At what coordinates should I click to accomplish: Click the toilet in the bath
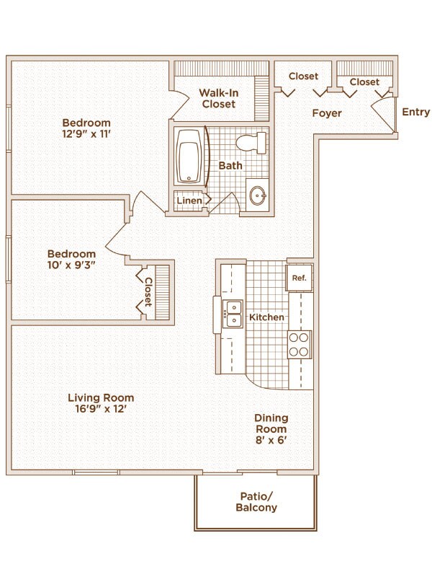(x=251, y=143)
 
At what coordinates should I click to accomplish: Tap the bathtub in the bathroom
(x=189, y=157)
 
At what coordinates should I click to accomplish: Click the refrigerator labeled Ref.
(x=299, y=278)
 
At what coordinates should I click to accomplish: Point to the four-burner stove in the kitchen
(x=300, y=345)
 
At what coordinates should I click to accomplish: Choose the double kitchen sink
(x=233, y=314)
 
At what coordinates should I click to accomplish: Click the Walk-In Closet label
(x=219, y=98)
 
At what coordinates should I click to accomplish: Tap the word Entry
(x=416, y=112)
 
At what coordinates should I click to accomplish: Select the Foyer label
(x=327, y=113)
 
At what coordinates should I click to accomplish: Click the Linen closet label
(x=189, y=201)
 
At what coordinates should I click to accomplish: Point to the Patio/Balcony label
(x=256, y=502)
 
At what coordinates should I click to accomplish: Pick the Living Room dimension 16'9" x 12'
(x=101, y=409)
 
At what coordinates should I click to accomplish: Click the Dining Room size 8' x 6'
(x=271, y=440)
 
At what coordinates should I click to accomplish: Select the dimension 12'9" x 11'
(x=86, y=133)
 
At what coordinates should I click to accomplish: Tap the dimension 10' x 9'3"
(x=71, y=265)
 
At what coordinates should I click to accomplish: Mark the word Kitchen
(x=266, y=317)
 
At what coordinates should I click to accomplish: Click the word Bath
(x=230, y=166)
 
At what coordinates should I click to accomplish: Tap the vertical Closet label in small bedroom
(x=148, y=292)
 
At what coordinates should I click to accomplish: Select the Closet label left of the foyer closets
(x=303, y=76)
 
